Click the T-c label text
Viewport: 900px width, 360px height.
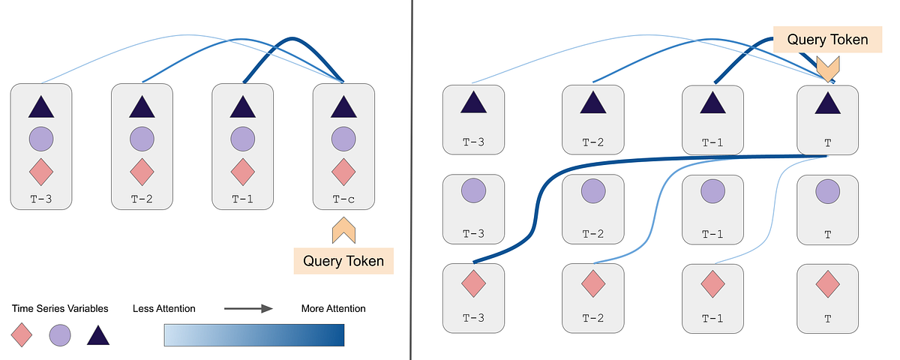pos(343,200)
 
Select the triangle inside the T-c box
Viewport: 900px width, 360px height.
pos(343,107)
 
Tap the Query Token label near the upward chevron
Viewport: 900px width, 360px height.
pos(343,261)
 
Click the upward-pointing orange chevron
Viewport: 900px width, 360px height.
pos(343,230)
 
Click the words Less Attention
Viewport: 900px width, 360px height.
pos(164,308)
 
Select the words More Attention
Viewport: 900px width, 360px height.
pos(333,308)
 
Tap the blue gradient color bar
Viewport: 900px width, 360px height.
pos(253,334)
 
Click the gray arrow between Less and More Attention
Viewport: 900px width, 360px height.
pos(248,308)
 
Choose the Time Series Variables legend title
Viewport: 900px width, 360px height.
pos(60,308)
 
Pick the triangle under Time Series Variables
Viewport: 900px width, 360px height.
pos(98,334)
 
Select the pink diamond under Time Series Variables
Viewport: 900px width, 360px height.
pos(22,334)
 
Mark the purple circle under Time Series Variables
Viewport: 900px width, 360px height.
pos(60,334)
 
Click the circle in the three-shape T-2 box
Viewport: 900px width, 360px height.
pos(142,139)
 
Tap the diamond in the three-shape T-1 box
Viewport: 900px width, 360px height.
pos(242,171)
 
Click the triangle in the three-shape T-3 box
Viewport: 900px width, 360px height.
pos(41,107)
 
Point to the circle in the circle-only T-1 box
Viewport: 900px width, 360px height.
pos(712,192)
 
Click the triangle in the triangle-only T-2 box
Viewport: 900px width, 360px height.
pos(593,102)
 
